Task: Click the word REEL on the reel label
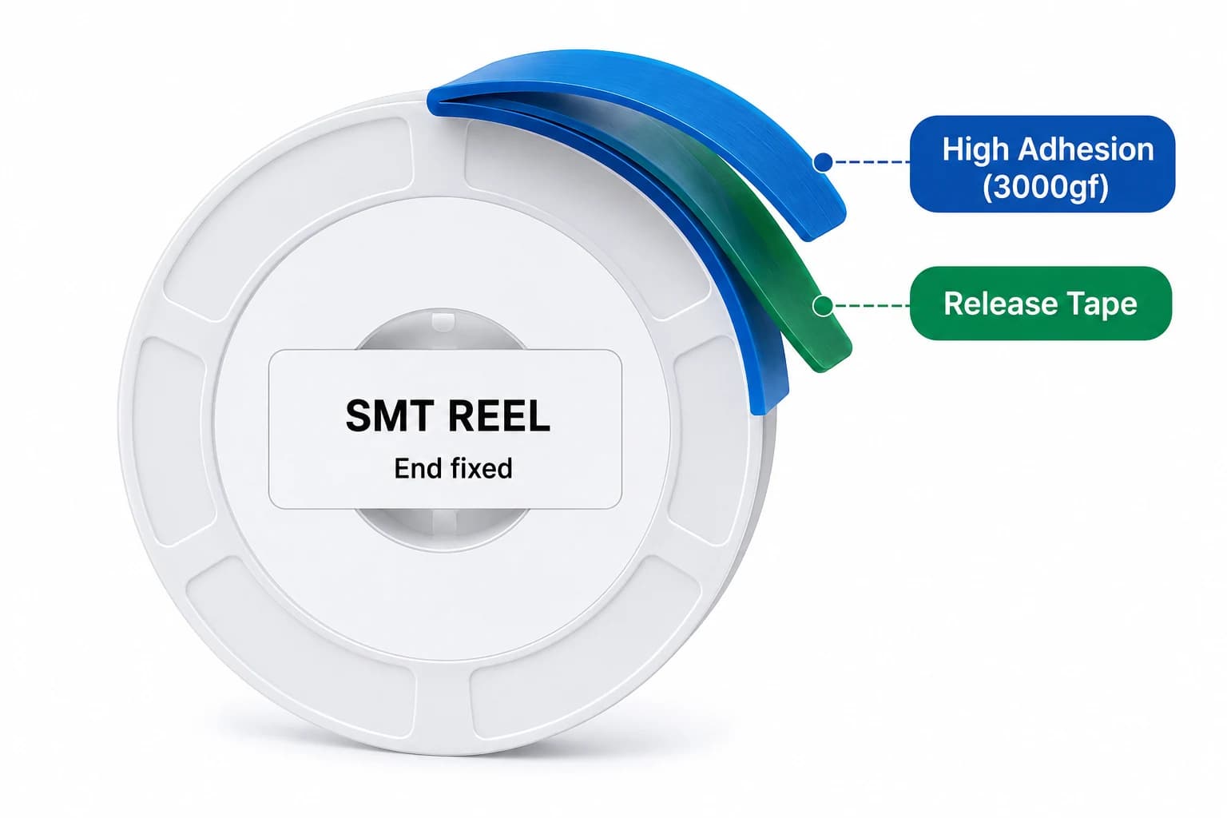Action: [x=499, y=416]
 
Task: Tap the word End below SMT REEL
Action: [x=416, y=468]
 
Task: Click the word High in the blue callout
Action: [x=975, y=149]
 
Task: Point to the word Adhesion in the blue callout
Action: [x=1086, y=149]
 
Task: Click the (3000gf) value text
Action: [x=1045, y=188]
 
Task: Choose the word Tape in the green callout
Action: [x=1099, y=304]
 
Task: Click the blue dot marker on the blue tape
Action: [x=824, y=161]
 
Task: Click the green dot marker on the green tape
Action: [x=823, y=306]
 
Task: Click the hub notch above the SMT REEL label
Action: [x=443, y=321]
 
